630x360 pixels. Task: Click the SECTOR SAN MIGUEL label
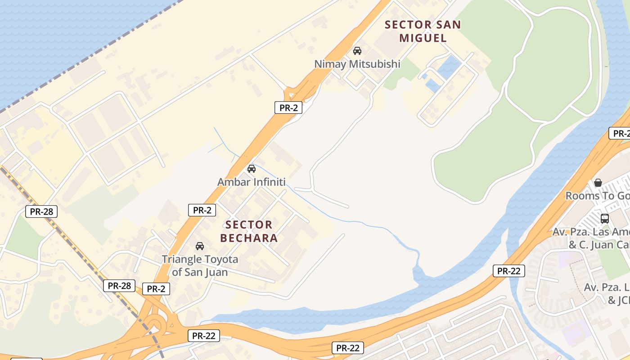tap(423, 31)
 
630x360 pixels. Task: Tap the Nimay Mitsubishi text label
tap(357, 64)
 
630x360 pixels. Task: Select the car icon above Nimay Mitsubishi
tap(357, 50)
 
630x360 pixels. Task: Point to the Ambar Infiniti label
tap(251, 182)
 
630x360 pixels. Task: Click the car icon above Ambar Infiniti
tap(251, 169)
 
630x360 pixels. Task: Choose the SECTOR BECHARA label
tap(249, 231)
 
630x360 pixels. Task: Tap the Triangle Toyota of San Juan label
tap(200, 265)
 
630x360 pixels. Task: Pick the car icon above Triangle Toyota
tap(200, 246)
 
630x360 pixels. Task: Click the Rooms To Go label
tap(597, 196)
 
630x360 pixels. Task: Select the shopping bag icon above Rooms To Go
tap(598, 183)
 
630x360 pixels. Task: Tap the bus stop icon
tap(604, 219)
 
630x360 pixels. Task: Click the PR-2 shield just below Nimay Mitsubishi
tap(288, 108)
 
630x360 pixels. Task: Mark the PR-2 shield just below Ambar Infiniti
tap(202, 210)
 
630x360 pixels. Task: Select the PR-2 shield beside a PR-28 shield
tap(156, 289)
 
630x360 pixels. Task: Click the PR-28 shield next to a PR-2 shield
tap(119, 285)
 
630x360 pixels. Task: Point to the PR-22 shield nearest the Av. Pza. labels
tap(508, 271)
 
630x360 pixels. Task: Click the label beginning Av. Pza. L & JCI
tap(607, 293)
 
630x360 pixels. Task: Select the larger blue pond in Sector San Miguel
tap(448, 67)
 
